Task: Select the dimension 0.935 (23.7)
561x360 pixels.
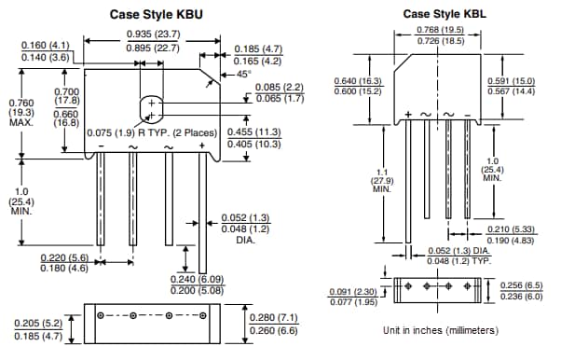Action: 153,34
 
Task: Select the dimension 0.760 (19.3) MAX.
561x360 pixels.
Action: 20,112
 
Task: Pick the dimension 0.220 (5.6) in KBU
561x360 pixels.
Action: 65,257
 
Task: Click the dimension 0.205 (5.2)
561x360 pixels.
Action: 39,324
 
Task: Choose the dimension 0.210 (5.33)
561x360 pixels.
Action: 512,229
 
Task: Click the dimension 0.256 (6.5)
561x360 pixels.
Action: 522,285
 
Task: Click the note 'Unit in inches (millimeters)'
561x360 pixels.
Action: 440,330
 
